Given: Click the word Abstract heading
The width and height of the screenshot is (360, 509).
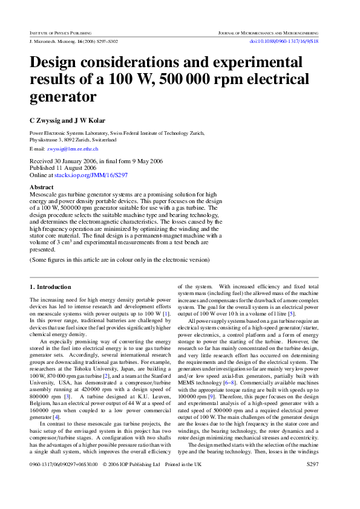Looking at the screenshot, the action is pyautogui.click(x=42, y=187).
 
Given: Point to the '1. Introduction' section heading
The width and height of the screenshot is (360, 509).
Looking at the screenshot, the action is pyautogui.click(x=50, y=287).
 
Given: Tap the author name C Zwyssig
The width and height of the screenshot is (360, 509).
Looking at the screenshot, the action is pyautogui.click(x=48, y=121).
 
